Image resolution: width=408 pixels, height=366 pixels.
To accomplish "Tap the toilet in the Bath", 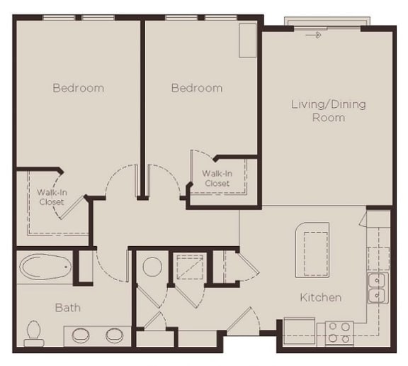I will point(33,331).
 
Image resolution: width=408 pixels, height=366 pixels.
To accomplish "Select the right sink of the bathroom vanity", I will point(115,335).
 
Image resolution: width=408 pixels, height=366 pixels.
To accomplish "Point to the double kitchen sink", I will point(378,287).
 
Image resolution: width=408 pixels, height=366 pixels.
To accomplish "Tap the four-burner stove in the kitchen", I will point(339,333).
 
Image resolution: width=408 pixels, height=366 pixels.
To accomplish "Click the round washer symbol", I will point(152,267).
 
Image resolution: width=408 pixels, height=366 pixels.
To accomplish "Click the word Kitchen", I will point(321,298).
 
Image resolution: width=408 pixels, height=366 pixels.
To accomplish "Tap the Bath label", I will point(68,308).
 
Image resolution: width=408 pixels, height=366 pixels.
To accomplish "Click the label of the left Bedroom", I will point(78,89).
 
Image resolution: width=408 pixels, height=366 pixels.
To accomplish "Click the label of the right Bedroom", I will point(196,89).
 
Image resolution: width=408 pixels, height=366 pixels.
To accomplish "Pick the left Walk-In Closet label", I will point(52,196).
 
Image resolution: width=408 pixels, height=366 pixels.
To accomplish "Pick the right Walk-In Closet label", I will point(217,178).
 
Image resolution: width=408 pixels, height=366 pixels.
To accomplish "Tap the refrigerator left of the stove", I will point(299,331).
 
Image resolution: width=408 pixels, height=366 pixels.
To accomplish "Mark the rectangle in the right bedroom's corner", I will point(247,40).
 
